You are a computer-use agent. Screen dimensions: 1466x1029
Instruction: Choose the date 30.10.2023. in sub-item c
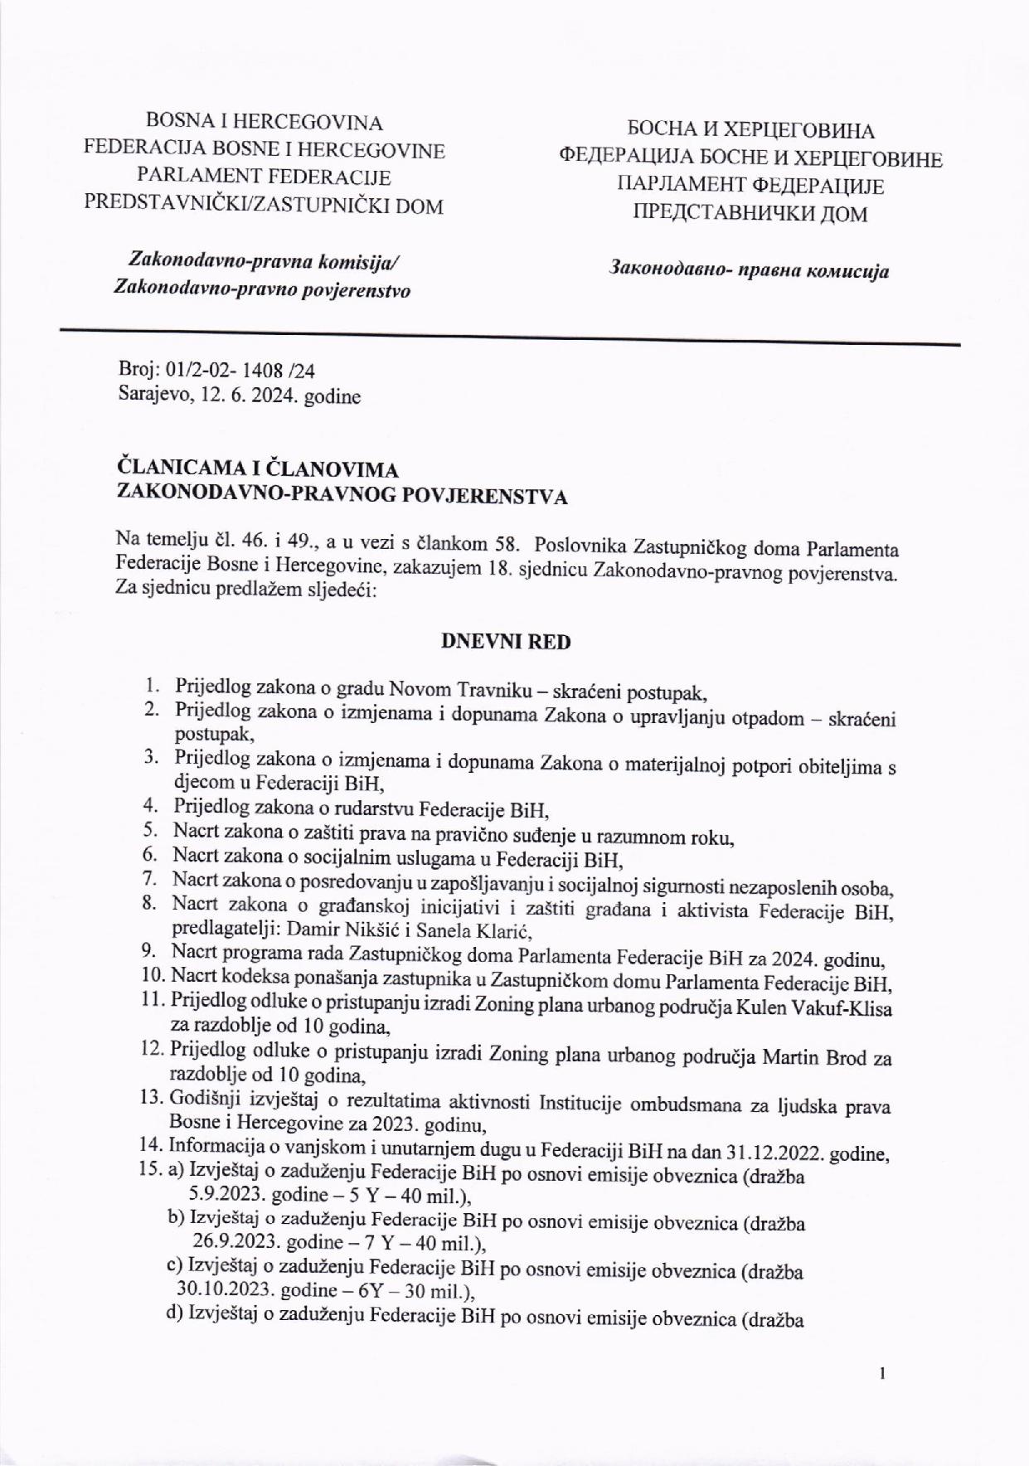[226, 1292]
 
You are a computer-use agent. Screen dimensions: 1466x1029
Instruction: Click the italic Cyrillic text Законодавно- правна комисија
[750, 270]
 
